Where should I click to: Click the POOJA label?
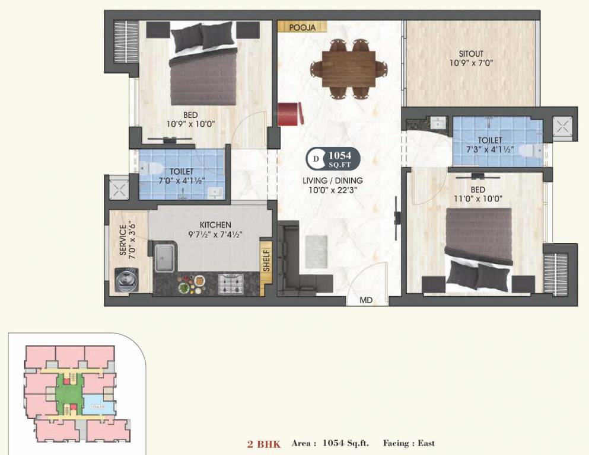(x=301, y=27)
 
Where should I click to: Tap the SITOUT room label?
(x=471, y=53)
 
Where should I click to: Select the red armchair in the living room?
(x=290, y=114)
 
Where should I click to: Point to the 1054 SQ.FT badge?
(x=333, y=159)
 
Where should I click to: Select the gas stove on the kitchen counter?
(x=229, y=284)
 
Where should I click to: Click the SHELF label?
(x=266, y=259)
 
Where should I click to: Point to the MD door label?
(x=366, y=300)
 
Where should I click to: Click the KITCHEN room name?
(x=215, y=225)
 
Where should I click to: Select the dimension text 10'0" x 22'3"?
(x=332, y=190)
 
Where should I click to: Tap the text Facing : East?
(x=409, y=443)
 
